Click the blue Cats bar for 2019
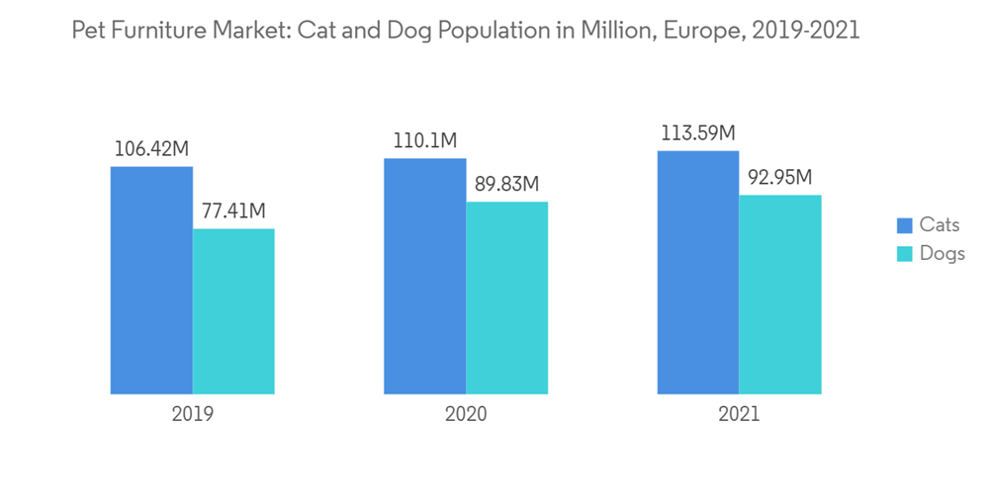tap(151, 280)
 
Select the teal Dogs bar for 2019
tap(233, 311)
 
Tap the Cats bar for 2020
tap(425, 276)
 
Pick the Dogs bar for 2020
tap(506, 297)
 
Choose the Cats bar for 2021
tap(698, 272)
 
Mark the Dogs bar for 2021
tap(780, 294)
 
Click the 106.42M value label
tap(151, 149)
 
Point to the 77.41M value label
tap(233, 211)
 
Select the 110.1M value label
tap(425, 141)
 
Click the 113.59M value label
tap(698, 133)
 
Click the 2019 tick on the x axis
tap(192, 414)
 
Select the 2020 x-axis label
tap(466, 414)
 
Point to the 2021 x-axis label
tap(739, 414)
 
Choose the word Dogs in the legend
tap(942, 254)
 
